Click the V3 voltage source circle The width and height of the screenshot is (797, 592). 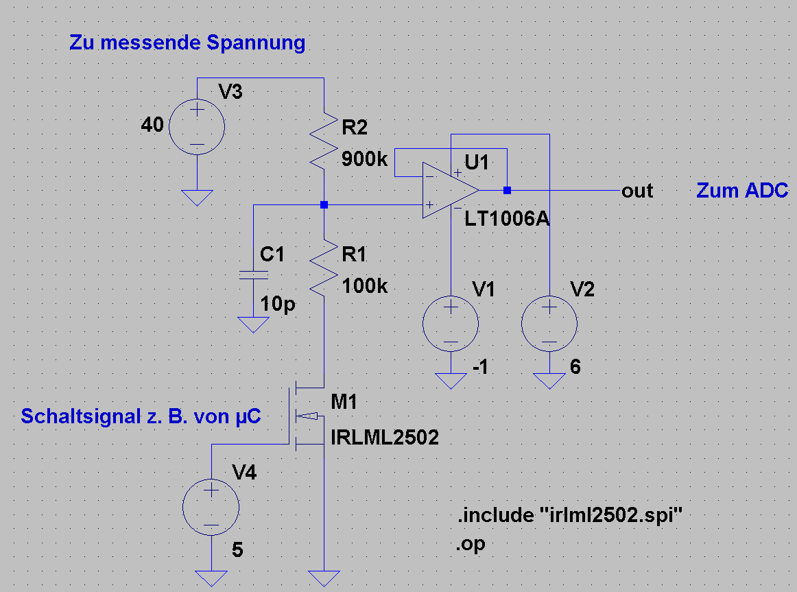point(197,126)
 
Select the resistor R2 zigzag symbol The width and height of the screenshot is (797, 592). point(323,140)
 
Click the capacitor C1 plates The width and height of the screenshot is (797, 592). point(253,275)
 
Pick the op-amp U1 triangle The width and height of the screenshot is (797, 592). point(449,190)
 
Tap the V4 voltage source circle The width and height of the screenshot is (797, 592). point(211,508)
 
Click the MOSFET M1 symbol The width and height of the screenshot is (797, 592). point(306,415)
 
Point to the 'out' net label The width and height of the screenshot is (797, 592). point(637,191)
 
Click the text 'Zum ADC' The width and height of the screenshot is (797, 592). point(742,191)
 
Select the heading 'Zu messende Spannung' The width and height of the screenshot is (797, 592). point(187,43)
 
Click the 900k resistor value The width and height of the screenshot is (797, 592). point(365,160)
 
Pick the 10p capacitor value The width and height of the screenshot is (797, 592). point(278,304)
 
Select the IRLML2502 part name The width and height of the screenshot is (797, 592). point(384,437)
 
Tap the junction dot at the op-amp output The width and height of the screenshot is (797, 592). point(507,190)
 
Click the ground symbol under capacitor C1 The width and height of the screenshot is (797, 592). point(253,324)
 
